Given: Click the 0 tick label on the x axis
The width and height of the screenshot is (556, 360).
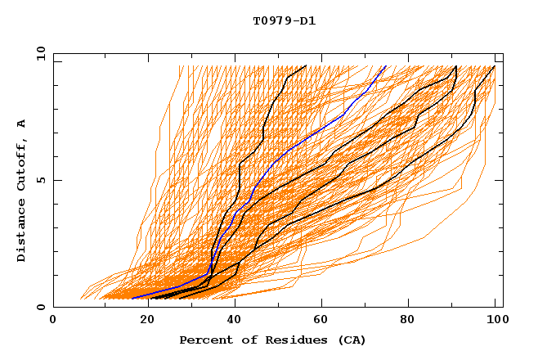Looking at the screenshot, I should pos(53,321).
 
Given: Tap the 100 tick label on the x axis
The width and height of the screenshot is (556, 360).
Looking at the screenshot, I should pos(495,321).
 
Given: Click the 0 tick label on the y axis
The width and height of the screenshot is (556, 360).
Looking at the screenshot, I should pos(41,308).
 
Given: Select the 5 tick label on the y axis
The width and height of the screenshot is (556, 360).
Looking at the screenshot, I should pos(41,180).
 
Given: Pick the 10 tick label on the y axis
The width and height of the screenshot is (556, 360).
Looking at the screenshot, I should pos(38,53).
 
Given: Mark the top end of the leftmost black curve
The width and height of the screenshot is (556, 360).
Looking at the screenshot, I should pos(306,66).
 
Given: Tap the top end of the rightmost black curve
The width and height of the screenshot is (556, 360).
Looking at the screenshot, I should pos(494,66).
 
